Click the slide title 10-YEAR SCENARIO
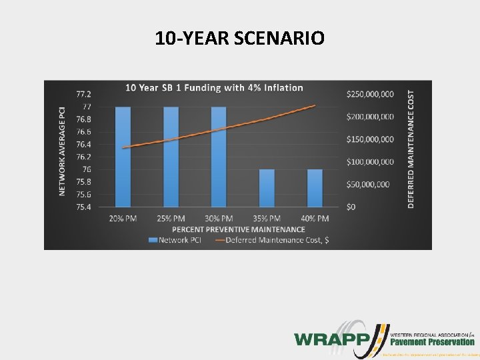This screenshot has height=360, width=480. coord(240,38)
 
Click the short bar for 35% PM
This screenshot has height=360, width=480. coord(267,188)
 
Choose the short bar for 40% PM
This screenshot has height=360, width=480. coord(315,188)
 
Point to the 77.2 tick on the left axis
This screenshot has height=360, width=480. coord(84,94)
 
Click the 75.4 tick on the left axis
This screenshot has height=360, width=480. coord(84,207)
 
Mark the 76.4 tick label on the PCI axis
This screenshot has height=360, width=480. coord(84,144)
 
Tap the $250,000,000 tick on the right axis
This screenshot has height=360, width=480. coord(370,94)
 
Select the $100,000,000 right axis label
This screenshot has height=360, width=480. coord(370,162)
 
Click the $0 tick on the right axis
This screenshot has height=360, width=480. coord(351,207)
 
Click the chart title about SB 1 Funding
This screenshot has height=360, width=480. coord(215,87)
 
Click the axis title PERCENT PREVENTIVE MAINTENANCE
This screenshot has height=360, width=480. coord(219,229)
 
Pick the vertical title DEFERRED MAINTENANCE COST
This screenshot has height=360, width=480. coord(411,150)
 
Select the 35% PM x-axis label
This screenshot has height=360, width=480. coord(267,219)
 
